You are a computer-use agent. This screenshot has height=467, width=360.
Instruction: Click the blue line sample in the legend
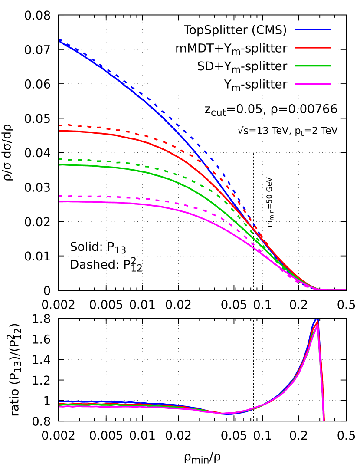pyautogui.click(x=313, y=30)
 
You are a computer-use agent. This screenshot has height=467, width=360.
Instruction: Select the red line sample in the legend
pyautogui.click(x=313, y=48)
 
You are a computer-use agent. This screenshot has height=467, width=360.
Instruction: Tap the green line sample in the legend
pyautogui.click(x=313, y=66)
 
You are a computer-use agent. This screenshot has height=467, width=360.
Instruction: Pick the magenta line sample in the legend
pyautogui.click(x=313, y=84)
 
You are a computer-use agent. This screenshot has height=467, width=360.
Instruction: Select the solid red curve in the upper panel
pyautogui.click(x=130, y=138)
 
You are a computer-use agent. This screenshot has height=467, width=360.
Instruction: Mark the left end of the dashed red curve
pyautogui.click(x=59, y=125)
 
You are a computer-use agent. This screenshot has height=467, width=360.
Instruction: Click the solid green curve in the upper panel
pyautogui.click(x=130, y=169)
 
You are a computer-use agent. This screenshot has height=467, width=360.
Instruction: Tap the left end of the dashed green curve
pyautogui.click(x=59, y=159)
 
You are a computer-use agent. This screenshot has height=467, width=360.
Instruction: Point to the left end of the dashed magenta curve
pyautogui.click(x=59, y=196)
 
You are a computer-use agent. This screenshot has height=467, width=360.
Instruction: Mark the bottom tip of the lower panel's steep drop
pyautogui.click(x=324, y=420)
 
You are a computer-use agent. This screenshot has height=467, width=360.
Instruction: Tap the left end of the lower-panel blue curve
pyautogui.click(x=59, y=402)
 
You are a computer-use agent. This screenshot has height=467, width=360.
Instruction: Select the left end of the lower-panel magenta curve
pyautogui.click(x=59, y=407)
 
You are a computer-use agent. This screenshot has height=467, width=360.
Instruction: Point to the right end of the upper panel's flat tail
pyautogui.click(x=346, y=290)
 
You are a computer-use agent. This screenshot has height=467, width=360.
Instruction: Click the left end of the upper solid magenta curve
pyautogui.click(x=59, y=201)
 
